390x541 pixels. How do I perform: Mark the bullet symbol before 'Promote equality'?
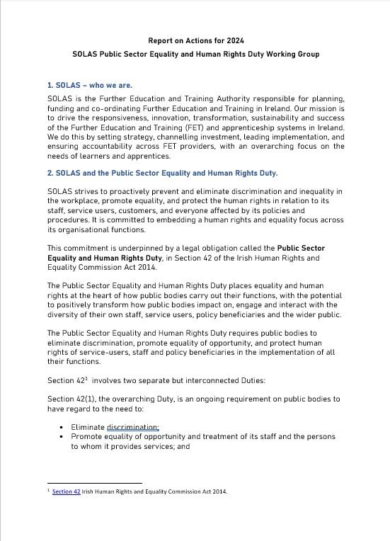(x=62, y=437)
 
